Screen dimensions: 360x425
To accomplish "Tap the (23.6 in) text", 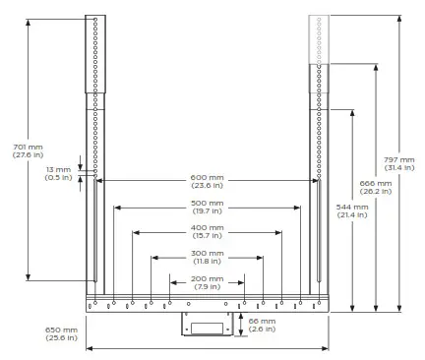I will coord(208,186).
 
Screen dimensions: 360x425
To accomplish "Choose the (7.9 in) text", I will coord(208,286).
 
